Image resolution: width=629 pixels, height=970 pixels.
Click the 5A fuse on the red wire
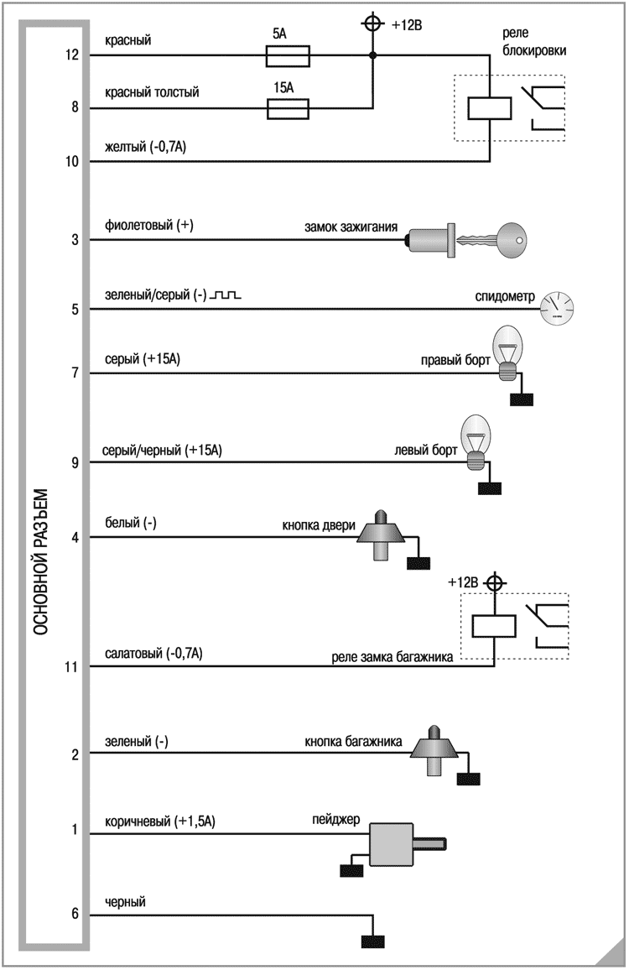pos(288,56)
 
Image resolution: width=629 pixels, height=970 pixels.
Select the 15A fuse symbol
pos(288,108)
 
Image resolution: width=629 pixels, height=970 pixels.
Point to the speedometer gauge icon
pos(557,308)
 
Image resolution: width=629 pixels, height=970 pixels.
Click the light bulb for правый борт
pos(510,353)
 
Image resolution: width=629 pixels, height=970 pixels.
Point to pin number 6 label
pos(74,914)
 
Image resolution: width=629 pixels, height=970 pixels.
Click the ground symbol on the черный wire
pos(373,941)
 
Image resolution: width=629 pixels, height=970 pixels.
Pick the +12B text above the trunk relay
pos(464,581)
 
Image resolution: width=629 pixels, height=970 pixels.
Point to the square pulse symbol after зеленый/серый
pos(226,295)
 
